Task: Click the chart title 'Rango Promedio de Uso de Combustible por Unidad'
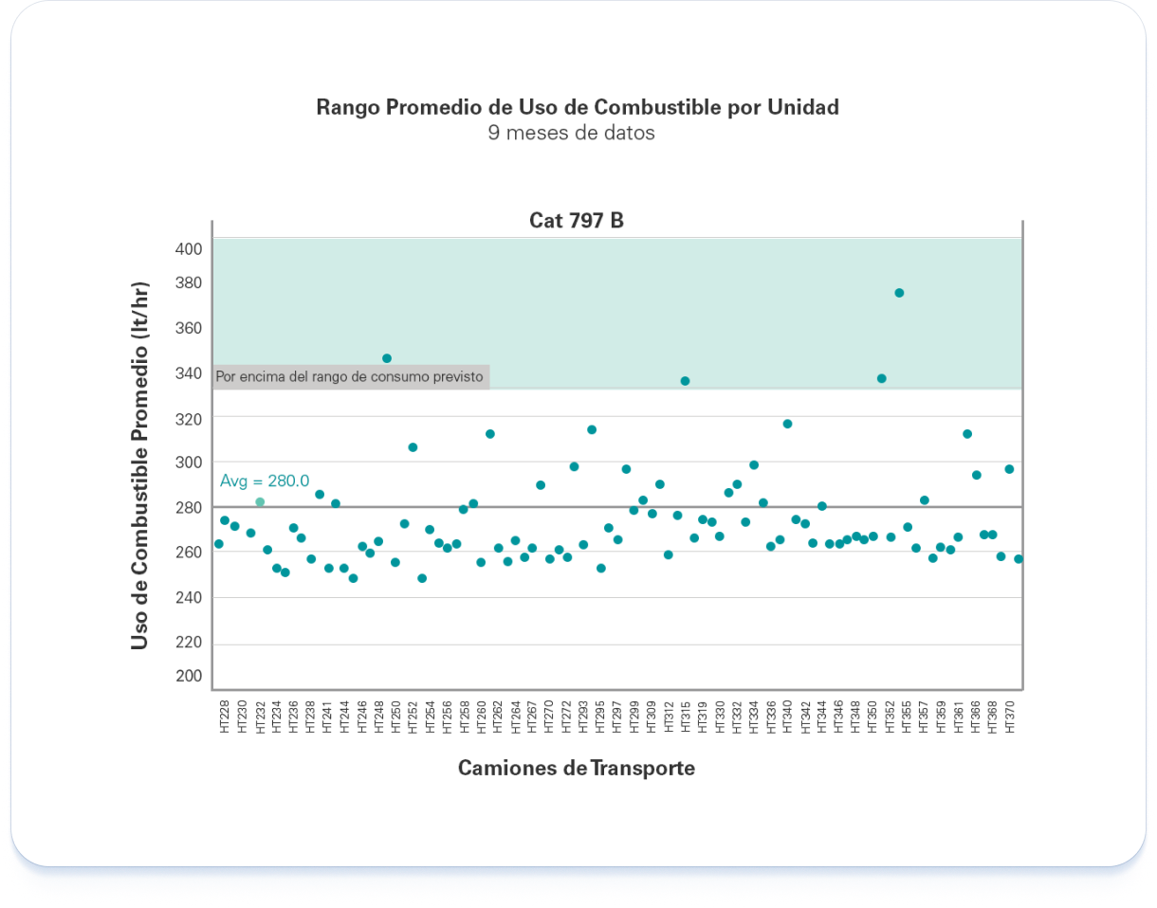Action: [578, 107]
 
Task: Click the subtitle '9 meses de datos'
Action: [571, 133]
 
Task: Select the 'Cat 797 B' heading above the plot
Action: [577, 221]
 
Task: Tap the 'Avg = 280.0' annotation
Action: [265, 481]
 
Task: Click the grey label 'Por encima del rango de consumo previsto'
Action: [350, 376]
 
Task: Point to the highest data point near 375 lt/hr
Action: [899, 293]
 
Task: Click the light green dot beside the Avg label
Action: [260, 501]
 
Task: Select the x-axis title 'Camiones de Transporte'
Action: [577, 768]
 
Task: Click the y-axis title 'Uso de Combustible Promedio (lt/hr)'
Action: [139, 466]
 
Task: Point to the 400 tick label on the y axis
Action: [189, 249]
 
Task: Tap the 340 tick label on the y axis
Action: [189, 372]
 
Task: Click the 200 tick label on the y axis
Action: [189, 676]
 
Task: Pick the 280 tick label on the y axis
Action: [189, 507]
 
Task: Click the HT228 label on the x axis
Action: [224, 716]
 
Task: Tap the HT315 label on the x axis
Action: [685, 716]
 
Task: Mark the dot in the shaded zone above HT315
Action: [685, 381]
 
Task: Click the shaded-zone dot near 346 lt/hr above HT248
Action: [387, 358]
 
